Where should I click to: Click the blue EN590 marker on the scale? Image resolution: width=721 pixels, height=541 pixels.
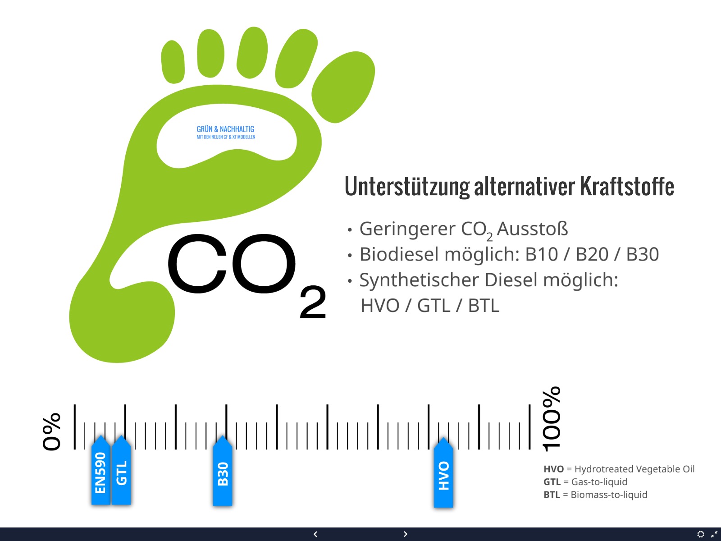point(100,470)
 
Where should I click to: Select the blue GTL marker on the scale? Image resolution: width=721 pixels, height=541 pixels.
point(121,470)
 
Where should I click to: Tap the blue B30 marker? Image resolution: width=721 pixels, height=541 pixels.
point(222,471)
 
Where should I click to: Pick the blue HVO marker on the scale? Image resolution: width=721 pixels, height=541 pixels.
point(443,472)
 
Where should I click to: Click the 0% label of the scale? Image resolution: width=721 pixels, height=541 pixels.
point(51,431)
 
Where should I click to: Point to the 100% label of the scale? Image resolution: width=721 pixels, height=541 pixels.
point(551,419)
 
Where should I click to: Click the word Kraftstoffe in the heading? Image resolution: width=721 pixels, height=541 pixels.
point(627,186)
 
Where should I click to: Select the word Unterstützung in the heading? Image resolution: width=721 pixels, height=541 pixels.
point(407,187)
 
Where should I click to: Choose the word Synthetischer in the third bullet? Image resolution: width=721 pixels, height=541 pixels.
point(420,280)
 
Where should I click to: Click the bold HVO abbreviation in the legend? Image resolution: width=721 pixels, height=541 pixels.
point(553,469)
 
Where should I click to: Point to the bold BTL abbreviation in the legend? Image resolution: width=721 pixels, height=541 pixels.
point(552,495)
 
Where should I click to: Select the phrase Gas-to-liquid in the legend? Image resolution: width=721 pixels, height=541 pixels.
point(599,482)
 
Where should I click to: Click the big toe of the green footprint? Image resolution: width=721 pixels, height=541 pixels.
point(343,87)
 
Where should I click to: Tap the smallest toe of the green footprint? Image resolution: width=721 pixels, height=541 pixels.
point(173,62)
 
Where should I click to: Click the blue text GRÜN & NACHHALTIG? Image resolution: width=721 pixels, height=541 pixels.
point(226,129)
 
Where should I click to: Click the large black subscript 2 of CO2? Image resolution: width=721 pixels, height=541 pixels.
point(313,302)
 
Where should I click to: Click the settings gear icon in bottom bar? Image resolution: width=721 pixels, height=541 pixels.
point(700,534)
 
